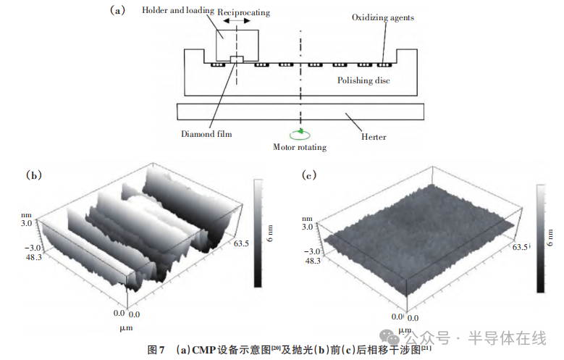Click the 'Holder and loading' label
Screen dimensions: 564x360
(177, 10)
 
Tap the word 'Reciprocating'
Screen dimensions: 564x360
(243, 12)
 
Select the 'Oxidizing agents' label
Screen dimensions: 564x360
(383, 17)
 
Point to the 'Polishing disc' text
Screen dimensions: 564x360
(363, 80)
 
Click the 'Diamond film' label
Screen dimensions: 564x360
(206, 134)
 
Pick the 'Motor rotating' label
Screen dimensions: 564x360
(300, 147)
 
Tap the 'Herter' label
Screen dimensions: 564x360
(374, 137)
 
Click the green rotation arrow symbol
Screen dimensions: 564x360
(300, 134)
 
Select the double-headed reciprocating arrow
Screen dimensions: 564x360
(237, 21)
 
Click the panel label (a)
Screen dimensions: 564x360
(117, 10)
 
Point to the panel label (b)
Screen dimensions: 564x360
(34, 175)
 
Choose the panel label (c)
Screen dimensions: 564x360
(309, 175)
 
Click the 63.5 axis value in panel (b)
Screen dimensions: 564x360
(241, 243)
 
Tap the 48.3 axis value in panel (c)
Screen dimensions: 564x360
(313, 260)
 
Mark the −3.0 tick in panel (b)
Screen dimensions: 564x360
(33, 248)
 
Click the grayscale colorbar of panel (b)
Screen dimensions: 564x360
(258, 233)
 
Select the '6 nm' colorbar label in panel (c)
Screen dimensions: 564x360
(550, 238)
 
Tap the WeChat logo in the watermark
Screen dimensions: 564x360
(390, 338)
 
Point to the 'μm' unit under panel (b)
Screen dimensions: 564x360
(126, 328)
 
